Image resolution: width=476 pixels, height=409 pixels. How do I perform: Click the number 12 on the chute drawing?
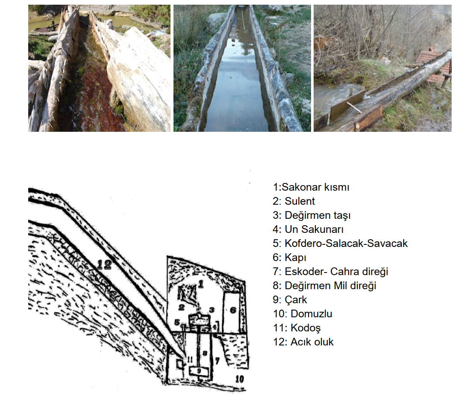104,264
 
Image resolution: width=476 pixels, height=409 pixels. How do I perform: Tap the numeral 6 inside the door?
233,310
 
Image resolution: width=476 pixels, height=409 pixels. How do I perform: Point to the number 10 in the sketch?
240,379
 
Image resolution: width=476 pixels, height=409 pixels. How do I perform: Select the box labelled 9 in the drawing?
199,371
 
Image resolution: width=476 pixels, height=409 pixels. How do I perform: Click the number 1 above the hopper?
201,284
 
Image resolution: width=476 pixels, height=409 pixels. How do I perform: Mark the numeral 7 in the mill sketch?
217,360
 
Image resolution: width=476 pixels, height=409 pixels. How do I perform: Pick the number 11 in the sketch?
190,360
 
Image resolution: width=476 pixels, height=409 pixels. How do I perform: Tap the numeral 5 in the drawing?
177,322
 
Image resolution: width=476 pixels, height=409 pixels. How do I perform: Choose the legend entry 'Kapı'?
290,258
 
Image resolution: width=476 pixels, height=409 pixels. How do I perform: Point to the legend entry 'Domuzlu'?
303,314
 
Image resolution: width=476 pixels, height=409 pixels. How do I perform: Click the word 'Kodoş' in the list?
306,328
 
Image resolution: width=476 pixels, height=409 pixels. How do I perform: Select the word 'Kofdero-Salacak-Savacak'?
346,244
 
